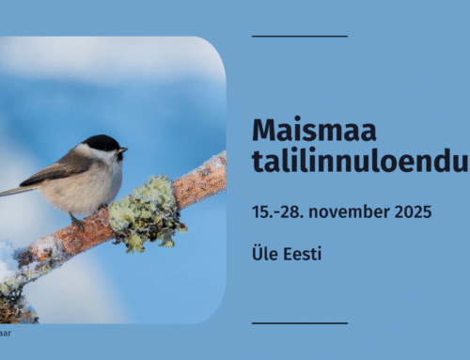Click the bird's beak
(123, 149)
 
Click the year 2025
(411, 211)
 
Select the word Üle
(263, 255)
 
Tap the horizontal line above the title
(299, 37)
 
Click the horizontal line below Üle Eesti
(299, 323)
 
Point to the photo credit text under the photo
(6, 332)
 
